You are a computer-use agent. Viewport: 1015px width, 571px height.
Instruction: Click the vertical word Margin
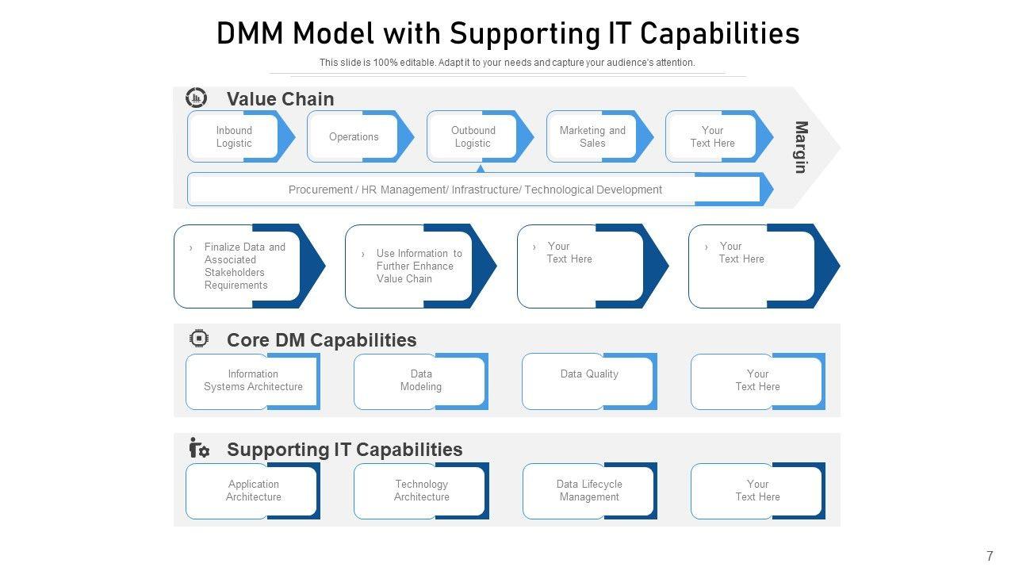coord(802,148)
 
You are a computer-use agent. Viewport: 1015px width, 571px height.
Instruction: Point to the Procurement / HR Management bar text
coord(475,190)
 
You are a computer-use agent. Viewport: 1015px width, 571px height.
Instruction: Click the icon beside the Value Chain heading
coord(196,98)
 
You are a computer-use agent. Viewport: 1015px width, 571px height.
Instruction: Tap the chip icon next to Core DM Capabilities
coord(199,339)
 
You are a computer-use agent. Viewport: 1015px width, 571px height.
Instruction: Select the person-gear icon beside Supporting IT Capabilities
coord(199,448)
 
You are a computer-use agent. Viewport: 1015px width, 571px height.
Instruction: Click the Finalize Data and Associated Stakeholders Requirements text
coord(245,266)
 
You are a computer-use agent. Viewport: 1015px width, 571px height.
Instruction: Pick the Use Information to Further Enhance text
coord(419,266)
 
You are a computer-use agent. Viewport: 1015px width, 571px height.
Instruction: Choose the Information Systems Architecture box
coord(253,381)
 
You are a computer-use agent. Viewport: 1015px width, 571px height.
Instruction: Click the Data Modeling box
coord(421,381)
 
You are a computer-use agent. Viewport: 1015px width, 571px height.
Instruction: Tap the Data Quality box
coord(589,381)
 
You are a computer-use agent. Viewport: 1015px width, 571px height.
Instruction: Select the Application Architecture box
coord(253,491)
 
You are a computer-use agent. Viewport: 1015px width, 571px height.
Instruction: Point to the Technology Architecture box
coord(421,491)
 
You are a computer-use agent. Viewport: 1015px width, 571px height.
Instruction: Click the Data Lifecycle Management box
coord(589,491)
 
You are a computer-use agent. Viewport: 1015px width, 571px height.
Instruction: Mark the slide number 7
coord(990,556)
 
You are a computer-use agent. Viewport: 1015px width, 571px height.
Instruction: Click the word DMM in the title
coord(250,33)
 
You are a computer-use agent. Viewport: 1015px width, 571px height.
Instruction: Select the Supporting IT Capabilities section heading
coord(344,450)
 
